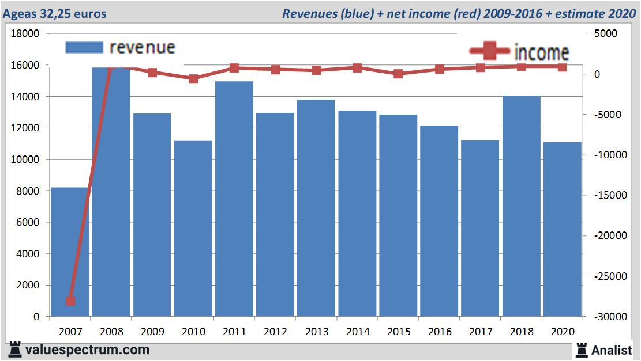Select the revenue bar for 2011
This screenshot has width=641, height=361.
234,199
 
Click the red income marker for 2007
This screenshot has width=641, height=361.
70,301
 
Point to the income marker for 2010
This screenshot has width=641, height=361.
193,79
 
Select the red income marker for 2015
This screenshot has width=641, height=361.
398,74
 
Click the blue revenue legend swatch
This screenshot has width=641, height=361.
84,47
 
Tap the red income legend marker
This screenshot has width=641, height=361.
490,51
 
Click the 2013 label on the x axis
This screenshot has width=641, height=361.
316,332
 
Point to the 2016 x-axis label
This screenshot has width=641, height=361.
439,332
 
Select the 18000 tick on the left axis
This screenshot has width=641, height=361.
25,33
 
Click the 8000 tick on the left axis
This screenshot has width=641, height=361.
28,191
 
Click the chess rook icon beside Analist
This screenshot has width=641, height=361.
581,349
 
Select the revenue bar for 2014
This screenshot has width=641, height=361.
357,213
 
